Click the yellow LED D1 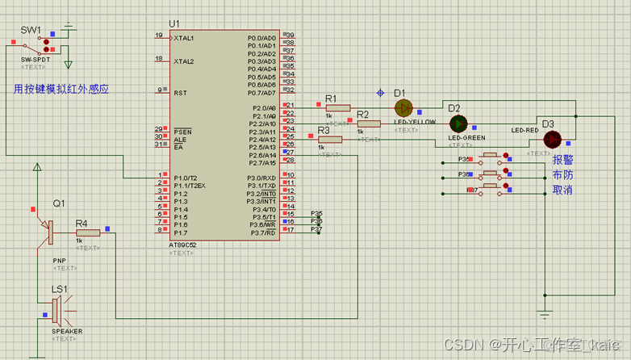pos(403,107)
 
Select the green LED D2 pos(458,123)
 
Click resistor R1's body pos(337,107)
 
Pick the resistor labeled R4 pos(88,232)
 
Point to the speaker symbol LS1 pos(57,309)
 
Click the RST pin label pos(181,93)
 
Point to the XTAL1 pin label pos(185,38)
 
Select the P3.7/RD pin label pos(261,232)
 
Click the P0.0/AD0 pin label pos(261,38)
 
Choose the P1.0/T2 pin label pos(186,178)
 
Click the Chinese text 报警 pos(562,160)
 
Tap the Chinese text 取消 pos(562,190)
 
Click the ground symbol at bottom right pos(545,313)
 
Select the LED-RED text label pos(524,130)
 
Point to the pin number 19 pos(159,36)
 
